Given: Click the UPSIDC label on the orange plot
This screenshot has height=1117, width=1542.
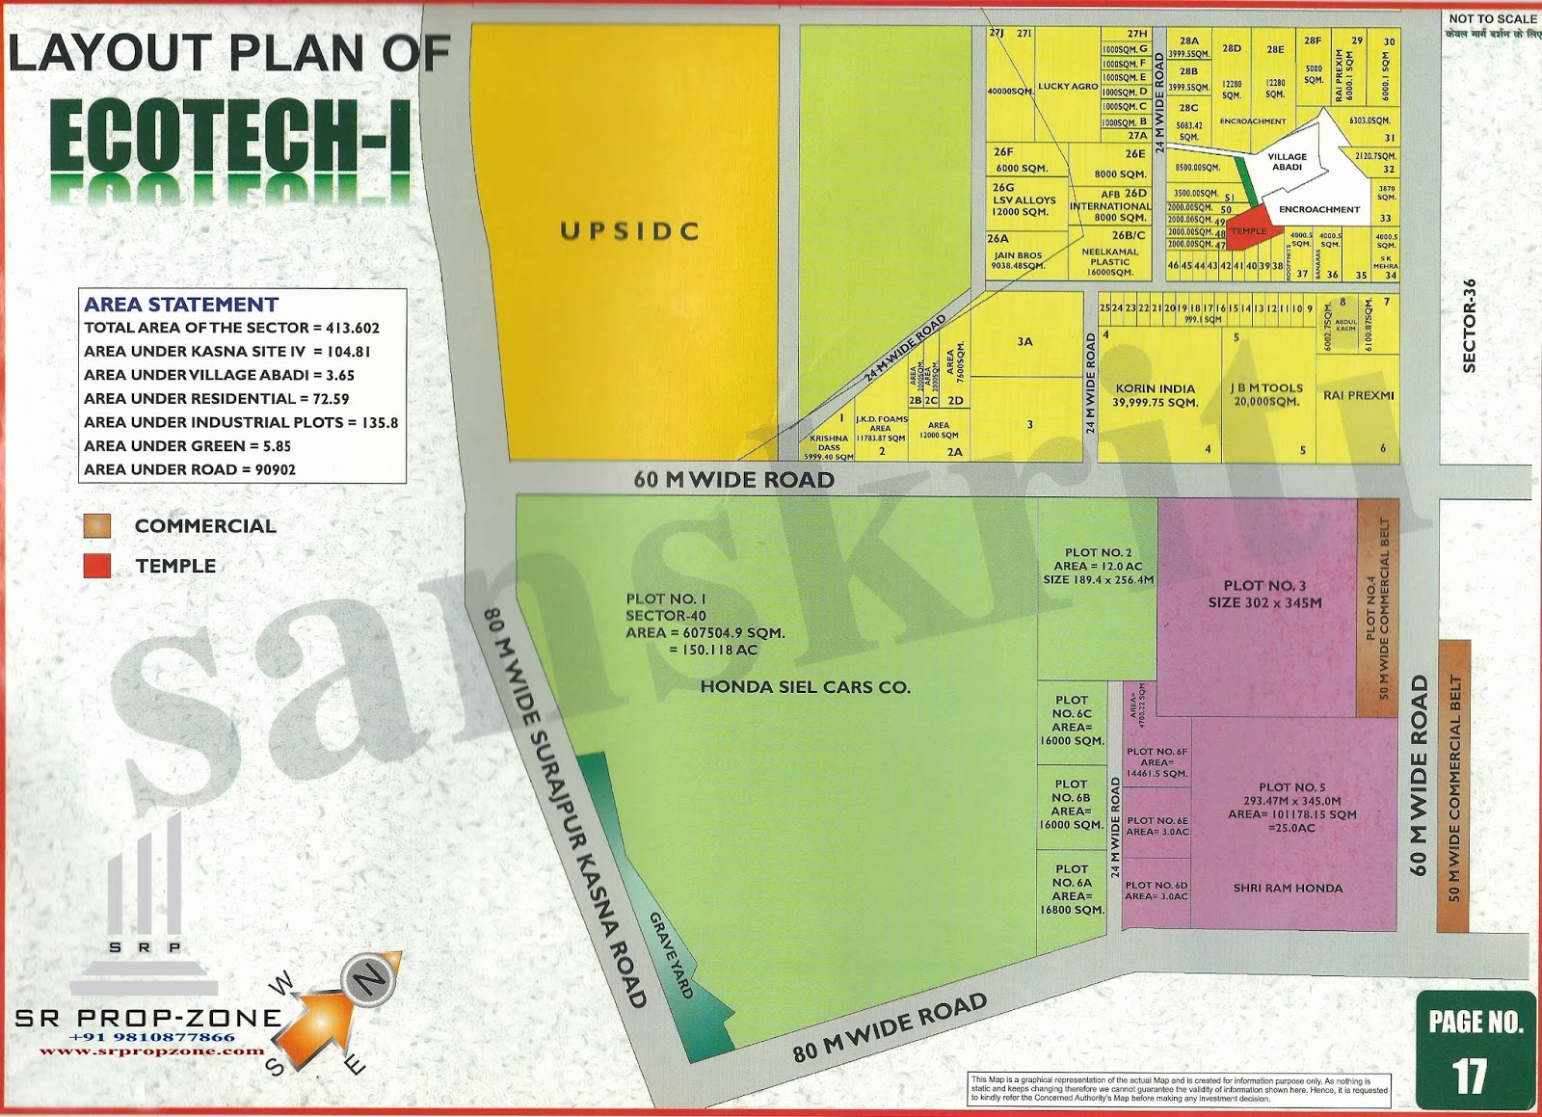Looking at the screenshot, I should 629,231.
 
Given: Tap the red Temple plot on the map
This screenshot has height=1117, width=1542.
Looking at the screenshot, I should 1253,226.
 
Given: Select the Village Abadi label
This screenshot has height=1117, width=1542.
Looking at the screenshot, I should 1287,162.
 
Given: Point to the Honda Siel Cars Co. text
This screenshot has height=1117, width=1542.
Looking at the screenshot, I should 805,687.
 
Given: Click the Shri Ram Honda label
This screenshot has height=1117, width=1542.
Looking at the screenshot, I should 1288,888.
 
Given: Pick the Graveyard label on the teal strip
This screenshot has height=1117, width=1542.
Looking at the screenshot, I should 671,955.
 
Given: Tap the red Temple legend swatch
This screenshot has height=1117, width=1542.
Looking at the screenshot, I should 97,566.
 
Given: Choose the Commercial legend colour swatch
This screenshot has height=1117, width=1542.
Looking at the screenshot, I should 97,525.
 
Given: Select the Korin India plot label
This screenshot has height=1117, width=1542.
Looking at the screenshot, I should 1156,395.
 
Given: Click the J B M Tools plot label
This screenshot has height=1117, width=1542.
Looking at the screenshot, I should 1266,394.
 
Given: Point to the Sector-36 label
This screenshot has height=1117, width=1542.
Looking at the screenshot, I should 1469,326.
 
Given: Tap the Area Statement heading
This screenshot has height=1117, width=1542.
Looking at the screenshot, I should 181,305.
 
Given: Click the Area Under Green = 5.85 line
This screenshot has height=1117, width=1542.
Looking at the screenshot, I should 187,446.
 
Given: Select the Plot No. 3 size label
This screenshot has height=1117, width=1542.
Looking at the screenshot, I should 1264,594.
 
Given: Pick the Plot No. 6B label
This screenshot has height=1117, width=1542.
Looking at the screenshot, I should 1071,804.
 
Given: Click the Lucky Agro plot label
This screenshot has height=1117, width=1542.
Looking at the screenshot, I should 1068,87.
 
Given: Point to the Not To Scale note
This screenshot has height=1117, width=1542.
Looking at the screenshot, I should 1493,19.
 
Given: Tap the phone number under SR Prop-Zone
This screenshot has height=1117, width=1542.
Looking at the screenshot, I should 151,1037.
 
